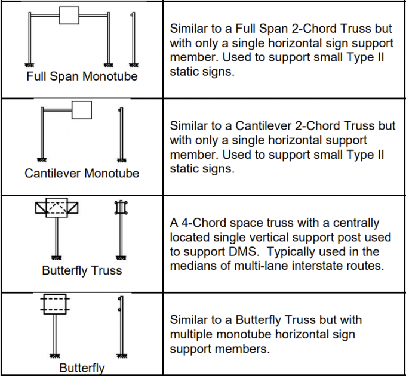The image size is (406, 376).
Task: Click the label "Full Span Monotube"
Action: click(x=82, y=76)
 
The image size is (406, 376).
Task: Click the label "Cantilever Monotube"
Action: click(x=82, y=174)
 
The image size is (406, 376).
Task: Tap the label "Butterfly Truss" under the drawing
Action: click(x=82, y=270)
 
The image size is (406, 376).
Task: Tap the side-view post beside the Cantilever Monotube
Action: click(x=122, y=134)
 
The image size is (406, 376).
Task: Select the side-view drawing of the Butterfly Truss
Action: click(x=122, y=230)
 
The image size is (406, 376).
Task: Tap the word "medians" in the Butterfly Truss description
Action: click(x=193, y=266)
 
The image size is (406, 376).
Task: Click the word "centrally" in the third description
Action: click(x=356, y=223)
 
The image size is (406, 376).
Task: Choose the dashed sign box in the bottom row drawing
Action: click(x=55, y=304)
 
